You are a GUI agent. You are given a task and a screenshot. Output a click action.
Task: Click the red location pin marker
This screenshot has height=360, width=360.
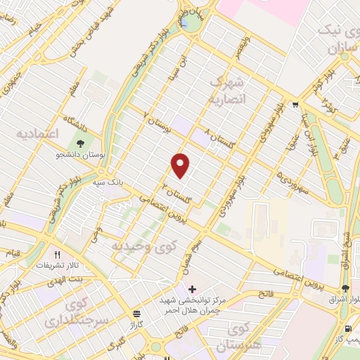[x=181, y=165]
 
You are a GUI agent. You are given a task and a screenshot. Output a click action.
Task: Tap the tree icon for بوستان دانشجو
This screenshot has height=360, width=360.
[x=83, y=143]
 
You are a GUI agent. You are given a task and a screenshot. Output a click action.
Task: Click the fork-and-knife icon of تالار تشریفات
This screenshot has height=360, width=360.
[x=58, y=255]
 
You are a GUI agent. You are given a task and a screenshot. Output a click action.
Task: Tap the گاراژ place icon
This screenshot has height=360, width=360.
[x=136, y=314]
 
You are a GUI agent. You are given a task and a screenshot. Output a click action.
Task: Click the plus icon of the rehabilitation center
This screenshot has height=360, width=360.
[x=191, y=288]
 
